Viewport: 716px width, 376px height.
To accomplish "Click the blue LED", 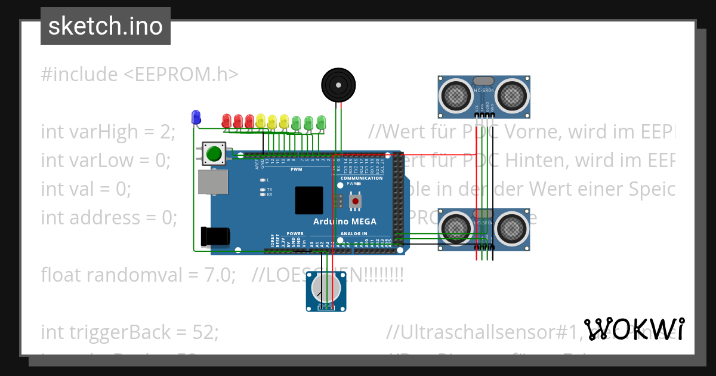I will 195,117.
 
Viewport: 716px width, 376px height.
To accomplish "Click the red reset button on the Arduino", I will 356,202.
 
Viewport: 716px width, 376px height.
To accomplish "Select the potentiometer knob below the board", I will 326,289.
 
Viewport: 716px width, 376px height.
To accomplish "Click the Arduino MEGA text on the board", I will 345,221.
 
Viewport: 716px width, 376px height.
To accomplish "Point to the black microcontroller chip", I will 309,201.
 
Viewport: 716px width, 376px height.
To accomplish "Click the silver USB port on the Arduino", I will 213,182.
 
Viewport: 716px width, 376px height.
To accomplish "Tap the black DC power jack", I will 215,236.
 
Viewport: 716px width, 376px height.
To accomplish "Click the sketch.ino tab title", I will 106,26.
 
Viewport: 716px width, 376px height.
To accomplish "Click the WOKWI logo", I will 634,329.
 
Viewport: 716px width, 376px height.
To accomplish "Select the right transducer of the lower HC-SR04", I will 511,227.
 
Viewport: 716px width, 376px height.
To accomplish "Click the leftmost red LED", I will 227,121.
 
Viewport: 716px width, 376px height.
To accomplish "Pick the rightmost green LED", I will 321,121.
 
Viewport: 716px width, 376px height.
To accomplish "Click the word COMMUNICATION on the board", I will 362,178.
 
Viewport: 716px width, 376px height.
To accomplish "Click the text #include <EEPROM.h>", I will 140,75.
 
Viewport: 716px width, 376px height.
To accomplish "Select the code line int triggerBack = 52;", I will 129,332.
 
